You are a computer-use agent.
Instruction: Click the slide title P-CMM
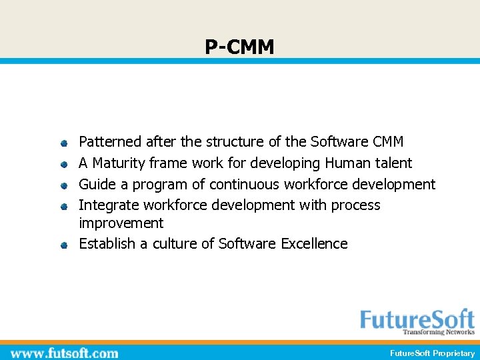tap(239, 47)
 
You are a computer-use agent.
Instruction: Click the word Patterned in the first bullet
tap(110, 142)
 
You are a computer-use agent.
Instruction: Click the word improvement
tap(121, 223)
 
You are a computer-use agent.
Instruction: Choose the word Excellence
tap(314, 244)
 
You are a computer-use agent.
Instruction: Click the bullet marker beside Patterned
tap(63, 143)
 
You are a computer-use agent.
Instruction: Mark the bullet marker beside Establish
tap(63, 245)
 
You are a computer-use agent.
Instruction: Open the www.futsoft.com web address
tap(65, 353)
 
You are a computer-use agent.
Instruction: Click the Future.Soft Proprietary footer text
tap(433, 353)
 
